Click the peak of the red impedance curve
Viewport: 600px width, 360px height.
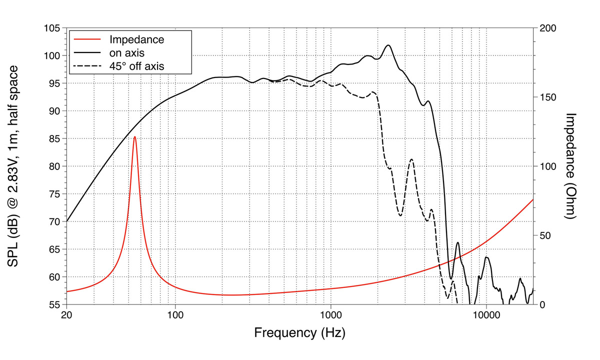(x=134, y=136)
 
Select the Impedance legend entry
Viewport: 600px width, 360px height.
(x=136, y=39)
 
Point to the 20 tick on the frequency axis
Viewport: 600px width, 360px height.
(x=66, y=315)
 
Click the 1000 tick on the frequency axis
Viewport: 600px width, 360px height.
(x=330, y=315)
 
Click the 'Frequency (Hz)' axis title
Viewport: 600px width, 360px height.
(x=299, y=332)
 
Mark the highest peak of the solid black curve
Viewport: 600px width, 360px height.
(x=388, y=45)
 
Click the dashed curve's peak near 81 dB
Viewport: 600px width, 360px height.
(x=411, y=159)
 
